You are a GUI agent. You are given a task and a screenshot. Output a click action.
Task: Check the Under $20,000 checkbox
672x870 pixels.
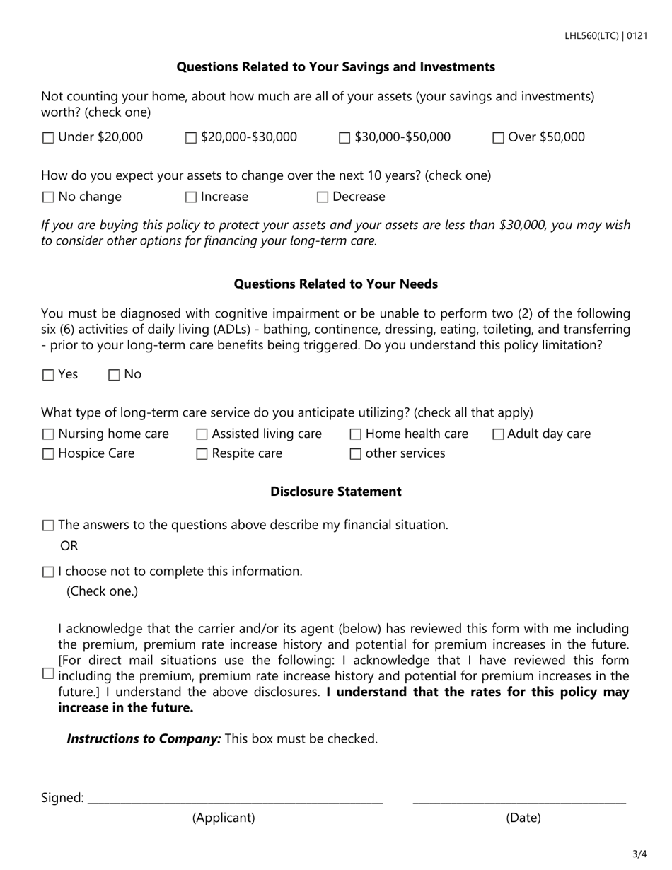point(48,139)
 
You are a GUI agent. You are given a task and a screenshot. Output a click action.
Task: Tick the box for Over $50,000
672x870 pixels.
point(498,139)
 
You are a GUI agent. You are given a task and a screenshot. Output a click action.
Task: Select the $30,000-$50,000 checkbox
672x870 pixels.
point(344,139)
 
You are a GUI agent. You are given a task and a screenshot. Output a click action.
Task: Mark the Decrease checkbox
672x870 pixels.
point(323,198)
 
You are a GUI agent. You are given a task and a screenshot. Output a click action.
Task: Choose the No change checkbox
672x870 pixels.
point(48,198)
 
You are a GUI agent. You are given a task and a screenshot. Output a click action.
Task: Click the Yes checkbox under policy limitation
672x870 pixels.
point(48,376)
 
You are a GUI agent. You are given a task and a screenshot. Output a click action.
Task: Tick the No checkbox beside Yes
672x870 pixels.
point(114,376)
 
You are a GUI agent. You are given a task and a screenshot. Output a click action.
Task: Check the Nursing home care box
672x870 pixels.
point(48,435)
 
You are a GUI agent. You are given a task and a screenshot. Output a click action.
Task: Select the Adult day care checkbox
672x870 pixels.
point(498,435)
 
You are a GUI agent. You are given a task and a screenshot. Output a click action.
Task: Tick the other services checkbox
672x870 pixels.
point(356,455)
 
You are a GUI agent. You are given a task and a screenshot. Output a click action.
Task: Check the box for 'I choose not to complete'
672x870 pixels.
point(48,572)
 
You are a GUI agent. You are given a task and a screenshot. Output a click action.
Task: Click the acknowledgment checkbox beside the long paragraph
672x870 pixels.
point(48,674)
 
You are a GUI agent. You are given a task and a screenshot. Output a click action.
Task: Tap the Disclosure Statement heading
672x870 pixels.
point(336,492)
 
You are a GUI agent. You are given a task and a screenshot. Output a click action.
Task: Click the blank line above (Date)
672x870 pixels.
point(519,799)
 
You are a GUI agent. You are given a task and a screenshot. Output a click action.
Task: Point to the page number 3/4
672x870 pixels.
point(639,854)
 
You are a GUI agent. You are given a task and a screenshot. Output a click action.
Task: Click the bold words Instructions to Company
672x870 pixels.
point(144,738)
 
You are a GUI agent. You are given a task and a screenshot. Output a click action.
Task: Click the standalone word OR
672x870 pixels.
point(69,546)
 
